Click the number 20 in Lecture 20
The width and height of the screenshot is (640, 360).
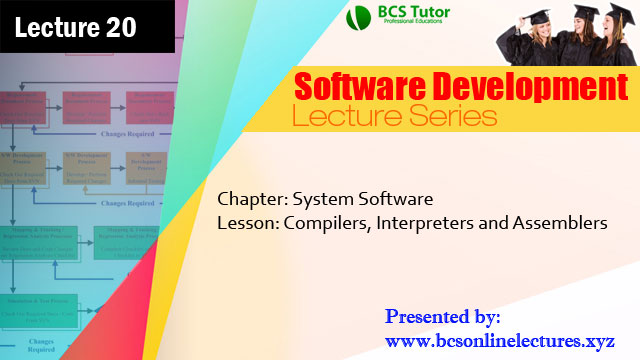coord(117,27)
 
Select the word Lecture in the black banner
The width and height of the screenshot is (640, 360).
coord(55,27)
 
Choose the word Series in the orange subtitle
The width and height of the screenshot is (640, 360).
coord(449,117)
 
